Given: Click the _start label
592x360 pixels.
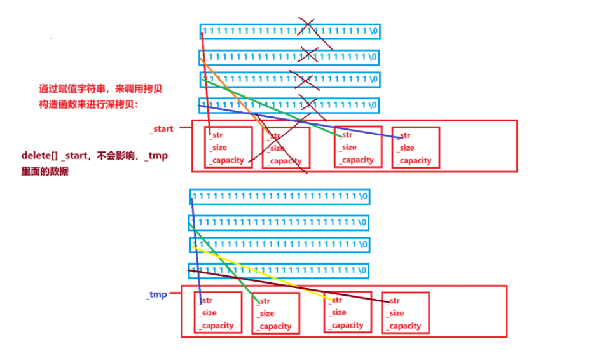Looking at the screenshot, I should tap(162, 128).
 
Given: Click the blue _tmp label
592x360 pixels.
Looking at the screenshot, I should tap(156, 294).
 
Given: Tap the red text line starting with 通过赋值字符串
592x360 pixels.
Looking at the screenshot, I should tap(100, 89).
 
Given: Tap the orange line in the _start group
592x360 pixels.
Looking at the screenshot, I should tap(235, 95).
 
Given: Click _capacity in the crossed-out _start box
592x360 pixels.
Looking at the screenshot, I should tap(285, 161).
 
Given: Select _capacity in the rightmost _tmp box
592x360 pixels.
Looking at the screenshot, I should tap(405, 326).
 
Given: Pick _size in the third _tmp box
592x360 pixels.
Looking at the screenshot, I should tap(338, 312).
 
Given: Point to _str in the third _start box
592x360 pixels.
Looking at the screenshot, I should tap(347, 135).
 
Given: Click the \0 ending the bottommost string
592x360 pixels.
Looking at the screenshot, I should tap(362, 270).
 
